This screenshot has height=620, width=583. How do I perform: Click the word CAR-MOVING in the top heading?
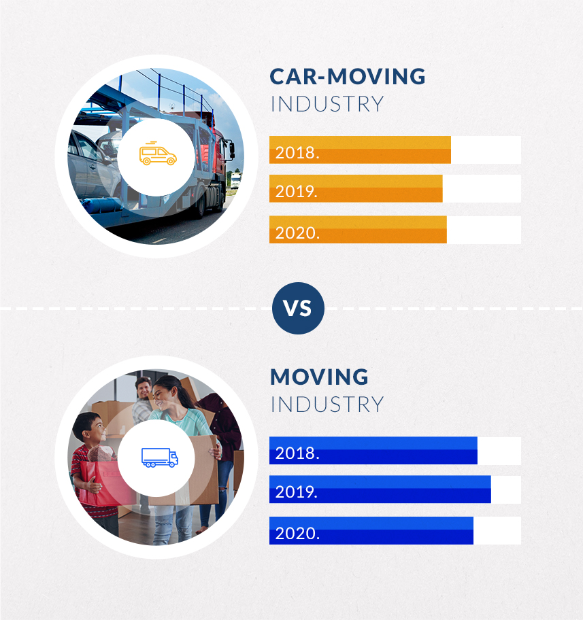(x=348, y=77)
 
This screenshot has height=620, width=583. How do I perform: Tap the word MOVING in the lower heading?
(x=320, y=377)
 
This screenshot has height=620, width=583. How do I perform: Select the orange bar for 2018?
(x=360, y=150)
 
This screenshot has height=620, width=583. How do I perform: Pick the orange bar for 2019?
(x=356, y=188)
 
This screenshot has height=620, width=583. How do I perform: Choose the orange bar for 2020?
(x=359, y=230)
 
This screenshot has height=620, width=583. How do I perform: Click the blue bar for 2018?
(x=373, y=450)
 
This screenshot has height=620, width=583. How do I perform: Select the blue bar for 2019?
(x=380, y=489)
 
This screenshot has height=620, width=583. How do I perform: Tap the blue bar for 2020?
(x=371, y=531)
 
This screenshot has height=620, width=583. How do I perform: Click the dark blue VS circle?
(x=298, y=308)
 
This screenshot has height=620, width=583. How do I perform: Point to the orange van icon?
(x=158, y=154)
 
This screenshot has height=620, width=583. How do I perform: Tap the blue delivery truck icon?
(x=160, y=458)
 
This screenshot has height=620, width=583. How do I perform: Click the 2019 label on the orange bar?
(x=297, y=192)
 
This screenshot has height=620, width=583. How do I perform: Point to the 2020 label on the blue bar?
(x=297, y=534)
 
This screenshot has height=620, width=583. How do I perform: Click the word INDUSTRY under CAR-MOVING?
(x=327, y=104)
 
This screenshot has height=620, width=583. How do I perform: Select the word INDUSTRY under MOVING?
(x=327, y=404)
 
